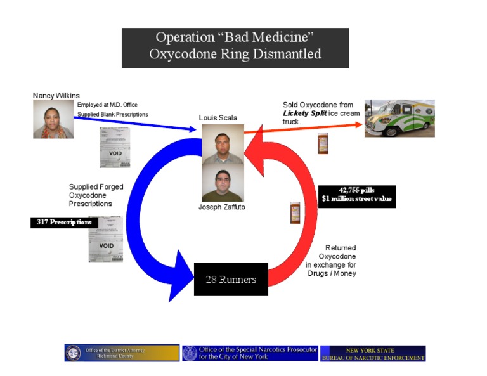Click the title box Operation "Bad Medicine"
click(235, 46)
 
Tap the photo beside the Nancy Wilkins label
click(53, 119)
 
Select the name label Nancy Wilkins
click(56, 96)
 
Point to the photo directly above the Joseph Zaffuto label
click(222, 184)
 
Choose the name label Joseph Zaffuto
click(221, 207)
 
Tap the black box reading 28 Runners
click(231, 279)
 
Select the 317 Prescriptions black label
click(64, 223)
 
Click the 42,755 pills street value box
click(356, 195)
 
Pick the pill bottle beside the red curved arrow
click(295, 212)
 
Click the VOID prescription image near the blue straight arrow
click(115, 147)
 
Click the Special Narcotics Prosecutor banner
click(250, 353)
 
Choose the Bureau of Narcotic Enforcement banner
click(373, 354)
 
